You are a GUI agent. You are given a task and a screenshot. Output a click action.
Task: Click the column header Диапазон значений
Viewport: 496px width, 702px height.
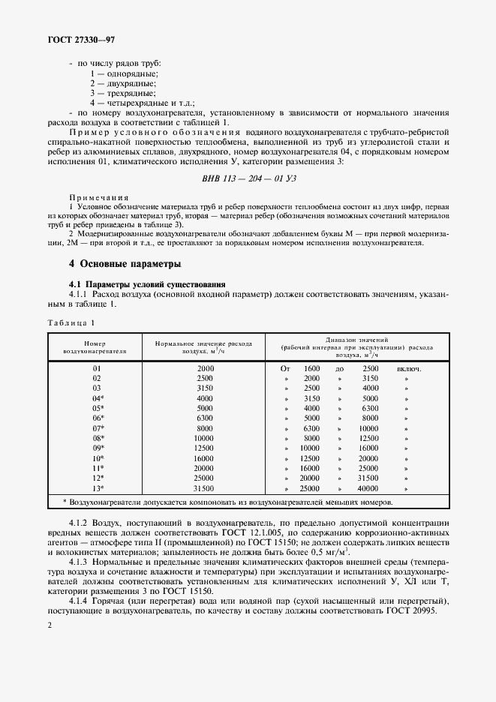point(356,340)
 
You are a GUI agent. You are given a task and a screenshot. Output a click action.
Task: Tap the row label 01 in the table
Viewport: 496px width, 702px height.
point(97,369)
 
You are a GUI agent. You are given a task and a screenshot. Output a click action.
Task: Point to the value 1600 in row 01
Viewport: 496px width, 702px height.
point(311,369)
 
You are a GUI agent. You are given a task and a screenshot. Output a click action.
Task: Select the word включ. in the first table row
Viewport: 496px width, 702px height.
point(409,369)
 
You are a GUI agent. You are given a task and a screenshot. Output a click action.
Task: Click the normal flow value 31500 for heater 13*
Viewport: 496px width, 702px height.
point(205,487)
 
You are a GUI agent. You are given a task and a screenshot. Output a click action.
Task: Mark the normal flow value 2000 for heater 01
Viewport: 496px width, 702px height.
point(205,369)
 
